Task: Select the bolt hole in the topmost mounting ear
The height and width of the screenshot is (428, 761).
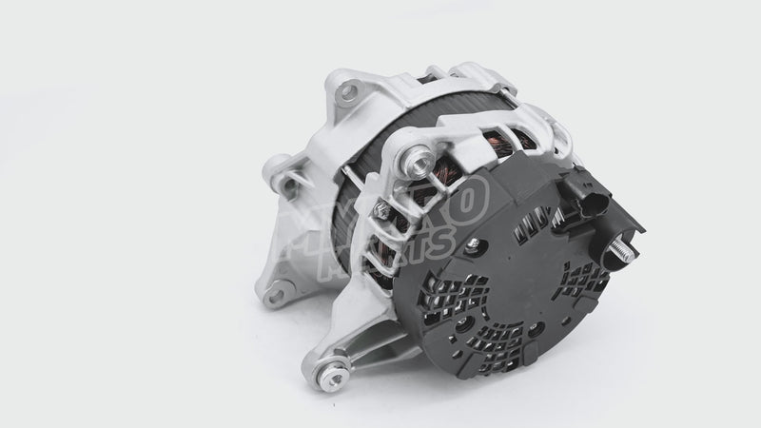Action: point(348,91)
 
